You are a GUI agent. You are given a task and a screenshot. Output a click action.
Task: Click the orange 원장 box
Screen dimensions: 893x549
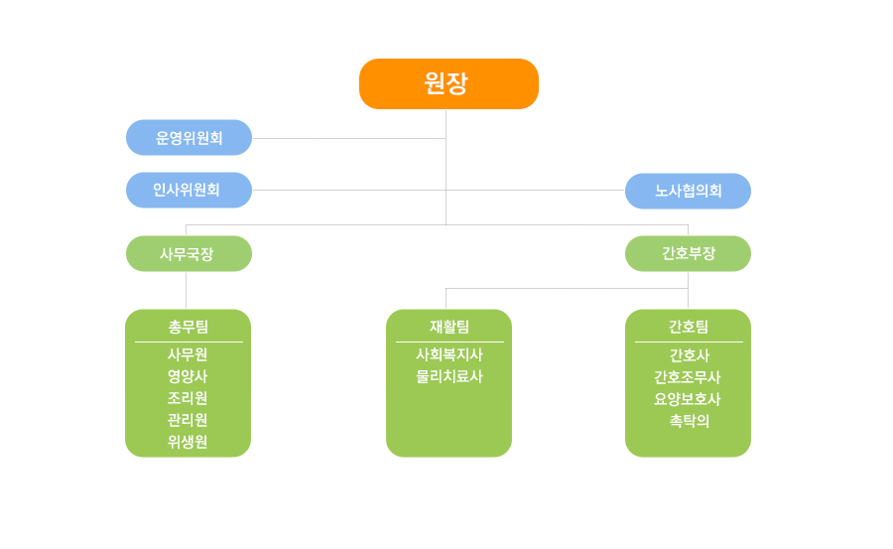click(448, 83)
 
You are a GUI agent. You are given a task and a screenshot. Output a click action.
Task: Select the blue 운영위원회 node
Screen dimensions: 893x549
click(190, 137)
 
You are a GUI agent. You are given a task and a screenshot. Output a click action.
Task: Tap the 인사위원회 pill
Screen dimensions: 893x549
click(190, 190)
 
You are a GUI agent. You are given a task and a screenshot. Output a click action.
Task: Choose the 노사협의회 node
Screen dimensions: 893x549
click(688, 191)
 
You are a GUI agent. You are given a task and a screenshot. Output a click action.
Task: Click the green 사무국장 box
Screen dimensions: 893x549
click(190, 254)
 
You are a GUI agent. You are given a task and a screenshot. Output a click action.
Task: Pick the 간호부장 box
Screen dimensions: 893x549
click(688, 254)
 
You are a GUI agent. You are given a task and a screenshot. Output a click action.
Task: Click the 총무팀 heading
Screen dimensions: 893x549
click(188, 327)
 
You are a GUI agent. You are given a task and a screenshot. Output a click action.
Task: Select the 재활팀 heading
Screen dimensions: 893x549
click(449, 327)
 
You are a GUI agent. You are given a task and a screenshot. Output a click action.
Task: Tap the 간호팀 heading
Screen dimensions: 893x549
click(689, 327)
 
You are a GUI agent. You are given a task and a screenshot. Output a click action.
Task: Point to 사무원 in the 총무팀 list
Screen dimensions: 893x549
click(188, 354)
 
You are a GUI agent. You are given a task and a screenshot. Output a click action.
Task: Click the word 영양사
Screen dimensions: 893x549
click(188, 376)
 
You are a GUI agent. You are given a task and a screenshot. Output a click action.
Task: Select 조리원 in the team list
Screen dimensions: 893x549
click(188, 398)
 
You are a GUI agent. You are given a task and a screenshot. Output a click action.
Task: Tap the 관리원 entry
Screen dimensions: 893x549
click(188, 420)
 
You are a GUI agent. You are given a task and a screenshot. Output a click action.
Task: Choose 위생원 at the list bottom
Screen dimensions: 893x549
click(188, 442)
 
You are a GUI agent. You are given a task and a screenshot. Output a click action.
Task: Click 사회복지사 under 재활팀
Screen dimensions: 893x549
click(449, 354)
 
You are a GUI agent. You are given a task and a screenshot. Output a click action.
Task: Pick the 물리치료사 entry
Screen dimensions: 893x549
click(449, 376)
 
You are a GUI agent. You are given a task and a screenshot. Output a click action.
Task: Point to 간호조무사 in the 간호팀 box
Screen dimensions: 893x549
click(688, 377)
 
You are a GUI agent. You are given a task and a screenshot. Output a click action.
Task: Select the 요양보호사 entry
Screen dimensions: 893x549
click(688, 399)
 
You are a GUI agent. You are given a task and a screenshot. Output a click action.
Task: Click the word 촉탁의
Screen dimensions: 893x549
click(690, 421)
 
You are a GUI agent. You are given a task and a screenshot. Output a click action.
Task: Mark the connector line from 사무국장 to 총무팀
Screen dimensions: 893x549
click(187, 290)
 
